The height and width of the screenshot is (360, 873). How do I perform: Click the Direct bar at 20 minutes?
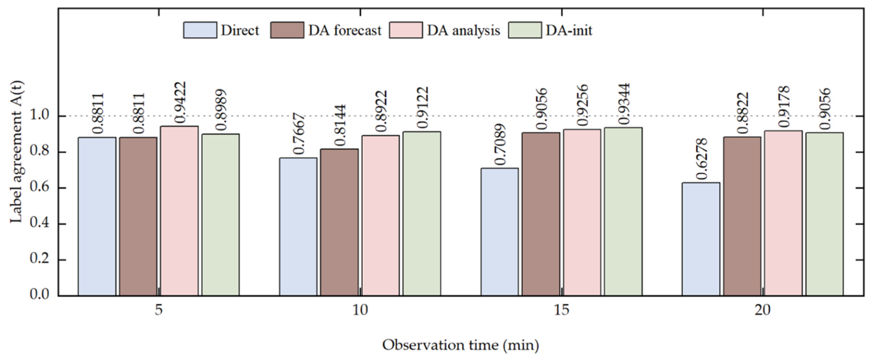701,239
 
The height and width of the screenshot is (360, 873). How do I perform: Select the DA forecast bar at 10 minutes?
339,223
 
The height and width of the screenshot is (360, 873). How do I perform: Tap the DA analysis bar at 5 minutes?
179,211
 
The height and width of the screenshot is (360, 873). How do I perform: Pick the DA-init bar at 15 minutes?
623,211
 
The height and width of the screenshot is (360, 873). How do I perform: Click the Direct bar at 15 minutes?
500,232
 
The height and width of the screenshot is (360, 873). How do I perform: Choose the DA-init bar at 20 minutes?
825,214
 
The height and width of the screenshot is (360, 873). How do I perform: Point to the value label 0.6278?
701,159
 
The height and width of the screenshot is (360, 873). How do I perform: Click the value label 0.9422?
180,102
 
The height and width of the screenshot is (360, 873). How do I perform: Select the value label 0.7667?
298,134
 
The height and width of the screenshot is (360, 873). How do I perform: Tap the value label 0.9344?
624,104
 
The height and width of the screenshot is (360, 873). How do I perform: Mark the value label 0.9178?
783,107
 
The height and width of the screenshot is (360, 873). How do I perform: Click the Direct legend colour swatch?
200,30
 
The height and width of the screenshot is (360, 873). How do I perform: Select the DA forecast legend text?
345,31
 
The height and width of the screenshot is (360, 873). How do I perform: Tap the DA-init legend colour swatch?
525,30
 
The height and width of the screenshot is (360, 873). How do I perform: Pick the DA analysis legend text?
463,31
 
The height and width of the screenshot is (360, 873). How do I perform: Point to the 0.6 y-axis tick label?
40,188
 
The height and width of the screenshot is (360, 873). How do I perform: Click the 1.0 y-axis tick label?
40,116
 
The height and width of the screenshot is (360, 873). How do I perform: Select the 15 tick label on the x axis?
561,310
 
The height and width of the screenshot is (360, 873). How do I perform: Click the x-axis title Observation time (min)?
460,345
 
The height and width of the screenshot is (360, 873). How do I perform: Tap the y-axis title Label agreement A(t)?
16,152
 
